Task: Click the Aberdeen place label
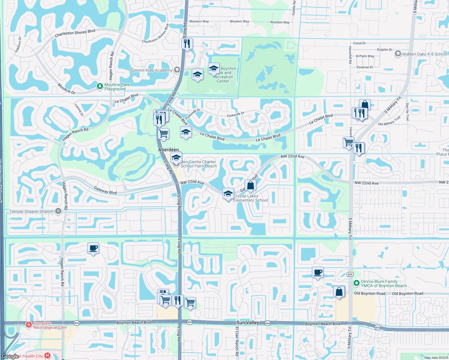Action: click(168, 150)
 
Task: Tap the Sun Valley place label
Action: click(248, 322)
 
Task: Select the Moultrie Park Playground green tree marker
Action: click(100, 86)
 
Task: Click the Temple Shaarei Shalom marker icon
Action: click(58, 211)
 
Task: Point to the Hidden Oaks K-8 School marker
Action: click(398, 54)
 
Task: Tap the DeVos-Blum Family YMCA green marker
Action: click(356, 283)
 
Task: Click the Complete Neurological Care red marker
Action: click(29, 325)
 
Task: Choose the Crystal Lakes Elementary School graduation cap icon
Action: click(228, 193)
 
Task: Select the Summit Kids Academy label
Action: click(151, 70)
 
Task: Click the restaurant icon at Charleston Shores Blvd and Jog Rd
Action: click(187, 44)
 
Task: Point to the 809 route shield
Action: click(350, 274)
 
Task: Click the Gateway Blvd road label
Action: click(105, 190)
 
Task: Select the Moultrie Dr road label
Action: click(66, 89)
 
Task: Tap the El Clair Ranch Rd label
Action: click(237, 341)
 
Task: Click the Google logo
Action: click(10, 356)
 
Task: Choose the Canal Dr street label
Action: click(359, 43)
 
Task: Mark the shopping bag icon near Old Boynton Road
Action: click(339, 292)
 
